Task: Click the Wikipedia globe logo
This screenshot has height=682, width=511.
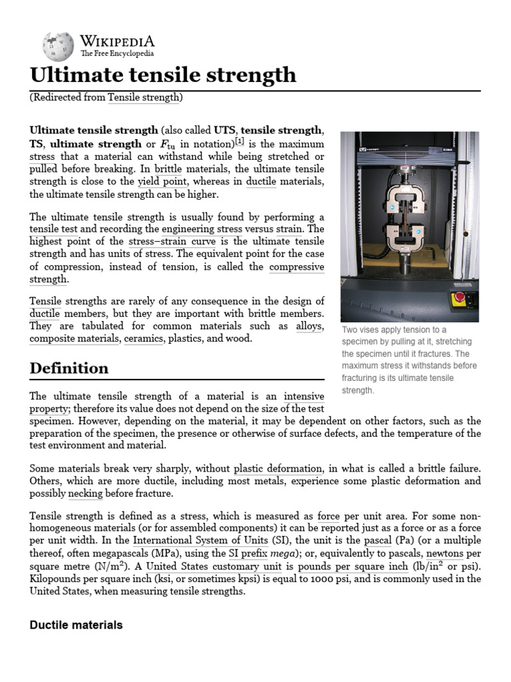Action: point(57,46)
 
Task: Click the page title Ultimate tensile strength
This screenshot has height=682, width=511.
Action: point(163,74)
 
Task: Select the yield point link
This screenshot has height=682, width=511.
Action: point(162,182)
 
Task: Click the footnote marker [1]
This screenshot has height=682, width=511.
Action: point(240,141)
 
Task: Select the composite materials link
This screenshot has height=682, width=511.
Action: point(74,339)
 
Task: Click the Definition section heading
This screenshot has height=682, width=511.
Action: point(69,368)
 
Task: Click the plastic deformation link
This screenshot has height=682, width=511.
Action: point(278,468)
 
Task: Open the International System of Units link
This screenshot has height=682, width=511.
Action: point(200,540)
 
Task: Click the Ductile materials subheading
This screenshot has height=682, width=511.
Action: point(76,625)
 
